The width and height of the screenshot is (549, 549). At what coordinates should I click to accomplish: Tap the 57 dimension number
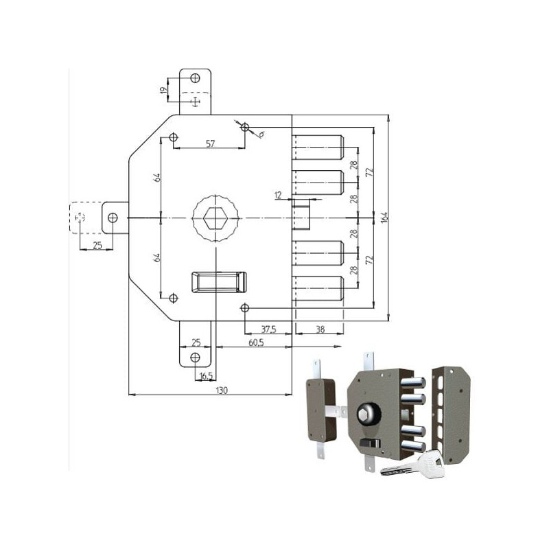tap(211, 143)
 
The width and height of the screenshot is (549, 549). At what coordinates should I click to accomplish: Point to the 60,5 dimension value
tap(258, 342)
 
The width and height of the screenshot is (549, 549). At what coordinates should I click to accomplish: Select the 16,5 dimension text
tap(205, 376)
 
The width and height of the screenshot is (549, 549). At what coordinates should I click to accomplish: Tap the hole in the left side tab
tap(113, 218)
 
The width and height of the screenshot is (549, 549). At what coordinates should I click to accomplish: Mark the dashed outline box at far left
tap(80, 218)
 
